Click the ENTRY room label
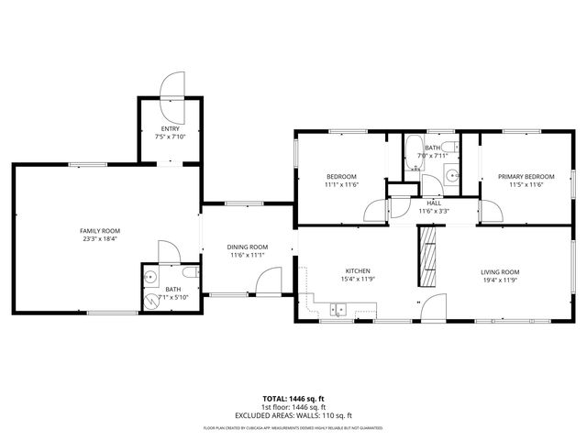click(170, 129)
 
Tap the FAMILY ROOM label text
click(100, 231)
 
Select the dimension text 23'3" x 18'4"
click(100, 239)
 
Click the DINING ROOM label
click(248, 247)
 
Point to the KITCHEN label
click(357, 271)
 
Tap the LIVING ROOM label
click(500, 271)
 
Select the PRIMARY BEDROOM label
click(526, 176)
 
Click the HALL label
click(433, 203)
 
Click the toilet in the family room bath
click(189, 274)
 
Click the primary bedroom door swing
click(493, 210)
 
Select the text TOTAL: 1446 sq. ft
click(293, 399)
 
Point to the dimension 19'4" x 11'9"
click(500, 280)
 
